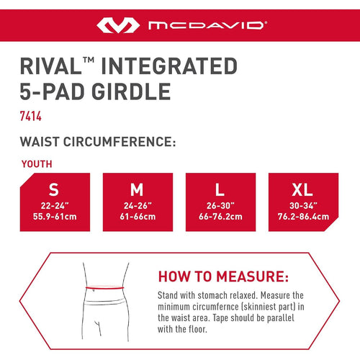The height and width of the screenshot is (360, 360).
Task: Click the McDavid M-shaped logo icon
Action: tap(118, 25)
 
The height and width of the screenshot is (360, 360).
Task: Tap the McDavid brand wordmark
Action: tap(207, 25)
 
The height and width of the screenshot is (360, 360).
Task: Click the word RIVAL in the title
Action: tap(51, 66)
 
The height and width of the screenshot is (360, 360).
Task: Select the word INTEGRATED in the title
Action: tap(169, 66)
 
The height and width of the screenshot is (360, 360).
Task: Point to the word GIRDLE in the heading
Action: tap(131, 91)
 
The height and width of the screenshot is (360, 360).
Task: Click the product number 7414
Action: tap(31, 116)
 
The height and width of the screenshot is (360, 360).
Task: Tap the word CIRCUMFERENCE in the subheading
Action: tap(120, 141)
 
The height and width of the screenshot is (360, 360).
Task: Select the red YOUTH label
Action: tap(37, 164)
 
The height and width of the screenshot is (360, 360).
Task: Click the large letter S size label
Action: tap(54, 189)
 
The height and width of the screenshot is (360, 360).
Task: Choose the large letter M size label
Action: tap(137, 189)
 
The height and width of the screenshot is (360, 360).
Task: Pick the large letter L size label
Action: tap(220, 189)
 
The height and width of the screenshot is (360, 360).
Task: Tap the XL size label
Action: tap(302, 189)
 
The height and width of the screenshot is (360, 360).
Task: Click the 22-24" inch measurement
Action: tap(55, 206)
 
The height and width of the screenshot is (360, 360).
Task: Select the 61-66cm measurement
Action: tap(138, 217)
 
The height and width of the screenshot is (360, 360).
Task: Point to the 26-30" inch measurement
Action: tap(220, 206)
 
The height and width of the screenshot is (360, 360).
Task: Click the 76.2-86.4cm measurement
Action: tap(303, 217)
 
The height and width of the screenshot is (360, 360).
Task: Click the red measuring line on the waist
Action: tap(105, 287)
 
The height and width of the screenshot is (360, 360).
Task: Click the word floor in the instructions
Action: tap(198, 329)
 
